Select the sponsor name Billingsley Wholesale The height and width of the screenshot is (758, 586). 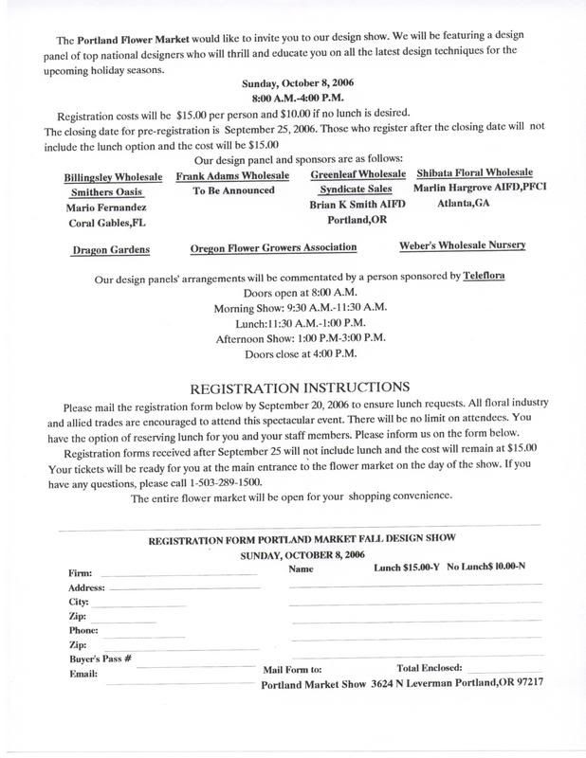point(113,177)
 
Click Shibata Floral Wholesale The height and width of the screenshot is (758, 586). point(475,173)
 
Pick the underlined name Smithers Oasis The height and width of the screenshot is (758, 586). point(104,190)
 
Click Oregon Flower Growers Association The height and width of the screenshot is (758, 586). point(273,247)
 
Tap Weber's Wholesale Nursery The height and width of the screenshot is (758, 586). point(463,245)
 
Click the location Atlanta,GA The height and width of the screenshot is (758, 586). point(464,203)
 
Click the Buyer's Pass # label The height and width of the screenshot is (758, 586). point(100,657)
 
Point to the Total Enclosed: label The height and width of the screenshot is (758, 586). point(430,667)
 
